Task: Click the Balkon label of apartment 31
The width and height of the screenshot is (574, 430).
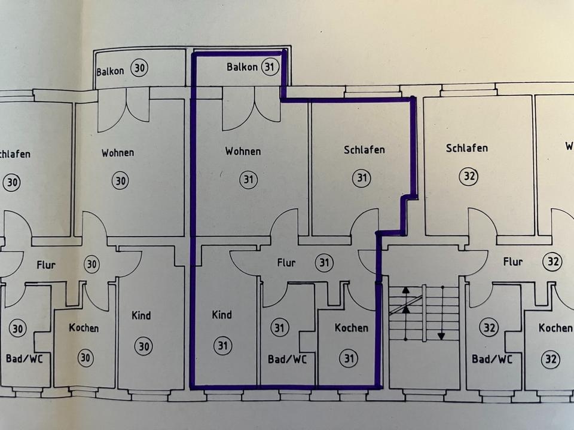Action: (242, 67)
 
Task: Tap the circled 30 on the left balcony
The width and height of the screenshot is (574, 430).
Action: (139, 68)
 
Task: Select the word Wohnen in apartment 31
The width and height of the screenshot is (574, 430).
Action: (243, 152)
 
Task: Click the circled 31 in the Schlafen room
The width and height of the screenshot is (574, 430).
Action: (361, 177)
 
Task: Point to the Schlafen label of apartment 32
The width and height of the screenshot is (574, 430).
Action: (466, 148)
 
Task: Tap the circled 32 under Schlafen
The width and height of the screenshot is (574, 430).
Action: (468, 176)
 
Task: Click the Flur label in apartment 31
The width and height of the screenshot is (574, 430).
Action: (287, 262)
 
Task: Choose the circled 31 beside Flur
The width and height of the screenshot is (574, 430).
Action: (323, 263)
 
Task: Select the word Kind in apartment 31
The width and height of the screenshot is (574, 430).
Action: (222, 315)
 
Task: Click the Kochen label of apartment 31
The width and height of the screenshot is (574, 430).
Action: (351, 328)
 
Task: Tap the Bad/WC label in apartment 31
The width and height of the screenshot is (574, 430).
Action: (287, 359)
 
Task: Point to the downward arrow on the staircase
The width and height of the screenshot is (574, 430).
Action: (441, 336)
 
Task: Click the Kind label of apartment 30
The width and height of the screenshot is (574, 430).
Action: (141, 315)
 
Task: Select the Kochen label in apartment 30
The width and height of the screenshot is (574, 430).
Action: (84, 328)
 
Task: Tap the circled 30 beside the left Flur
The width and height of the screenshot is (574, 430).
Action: (91, 265)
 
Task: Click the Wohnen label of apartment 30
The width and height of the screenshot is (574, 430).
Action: (118, 152)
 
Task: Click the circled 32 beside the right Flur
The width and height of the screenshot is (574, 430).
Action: (553, 261)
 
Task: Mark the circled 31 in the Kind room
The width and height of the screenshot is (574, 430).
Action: (222, 345)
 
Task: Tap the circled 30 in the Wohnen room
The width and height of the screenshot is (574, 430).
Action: (120, 180)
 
